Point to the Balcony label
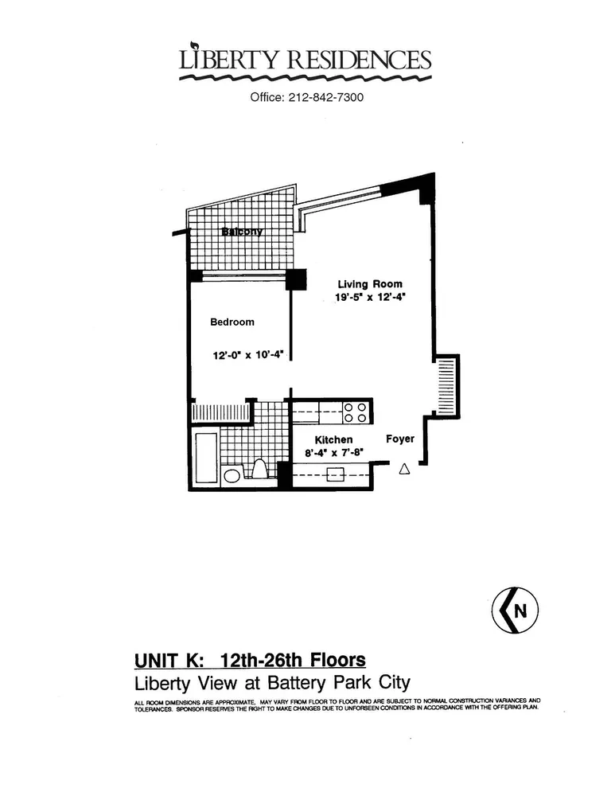[x=241, y=232]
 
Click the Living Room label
[x=370, y=284]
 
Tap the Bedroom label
[x=232, y=322]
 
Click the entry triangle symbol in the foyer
[x=403, y=470]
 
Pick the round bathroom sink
[x=232, y=476]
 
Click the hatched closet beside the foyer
[x=447, y=384]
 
